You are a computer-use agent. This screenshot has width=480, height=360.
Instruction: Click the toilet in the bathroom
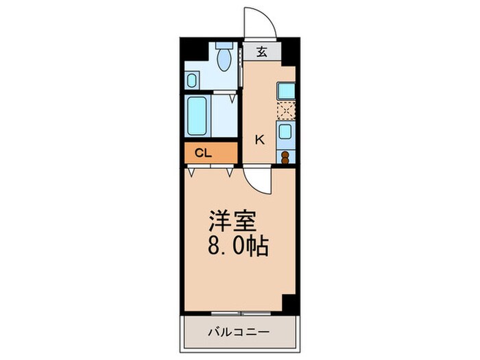[x=223, y=59]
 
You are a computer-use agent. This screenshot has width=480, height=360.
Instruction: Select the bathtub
[x=198, y=116]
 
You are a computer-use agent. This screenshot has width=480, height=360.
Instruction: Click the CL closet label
[x=202, y=154]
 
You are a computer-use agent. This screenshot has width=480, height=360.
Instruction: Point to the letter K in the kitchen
[x=260, y=140]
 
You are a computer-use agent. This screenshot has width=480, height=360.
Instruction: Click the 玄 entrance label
[x=262, y=51]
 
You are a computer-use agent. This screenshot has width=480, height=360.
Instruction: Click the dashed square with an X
[x=286, y=110]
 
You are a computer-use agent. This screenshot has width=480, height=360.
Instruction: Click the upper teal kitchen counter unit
[x=286, y=91]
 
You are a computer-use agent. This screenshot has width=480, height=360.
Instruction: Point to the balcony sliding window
[x=237, y=313]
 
